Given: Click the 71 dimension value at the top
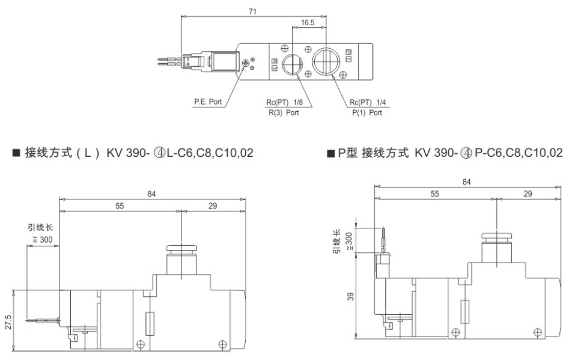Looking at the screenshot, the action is pos(252,11).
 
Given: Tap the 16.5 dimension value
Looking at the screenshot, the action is pos(308,23).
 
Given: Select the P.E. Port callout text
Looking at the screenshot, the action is pos(208,102).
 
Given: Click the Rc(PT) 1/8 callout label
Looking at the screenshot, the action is pos(285,102).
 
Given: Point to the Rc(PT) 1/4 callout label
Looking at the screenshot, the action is pos(368,102).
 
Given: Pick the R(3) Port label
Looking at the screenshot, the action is pos(284,112).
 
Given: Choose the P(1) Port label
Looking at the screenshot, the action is pos(367,112).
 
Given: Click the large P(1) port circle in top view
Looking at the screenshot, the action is pos(326,61).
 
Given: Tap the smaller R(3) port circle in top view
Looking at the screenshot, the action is pos(293,64).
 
